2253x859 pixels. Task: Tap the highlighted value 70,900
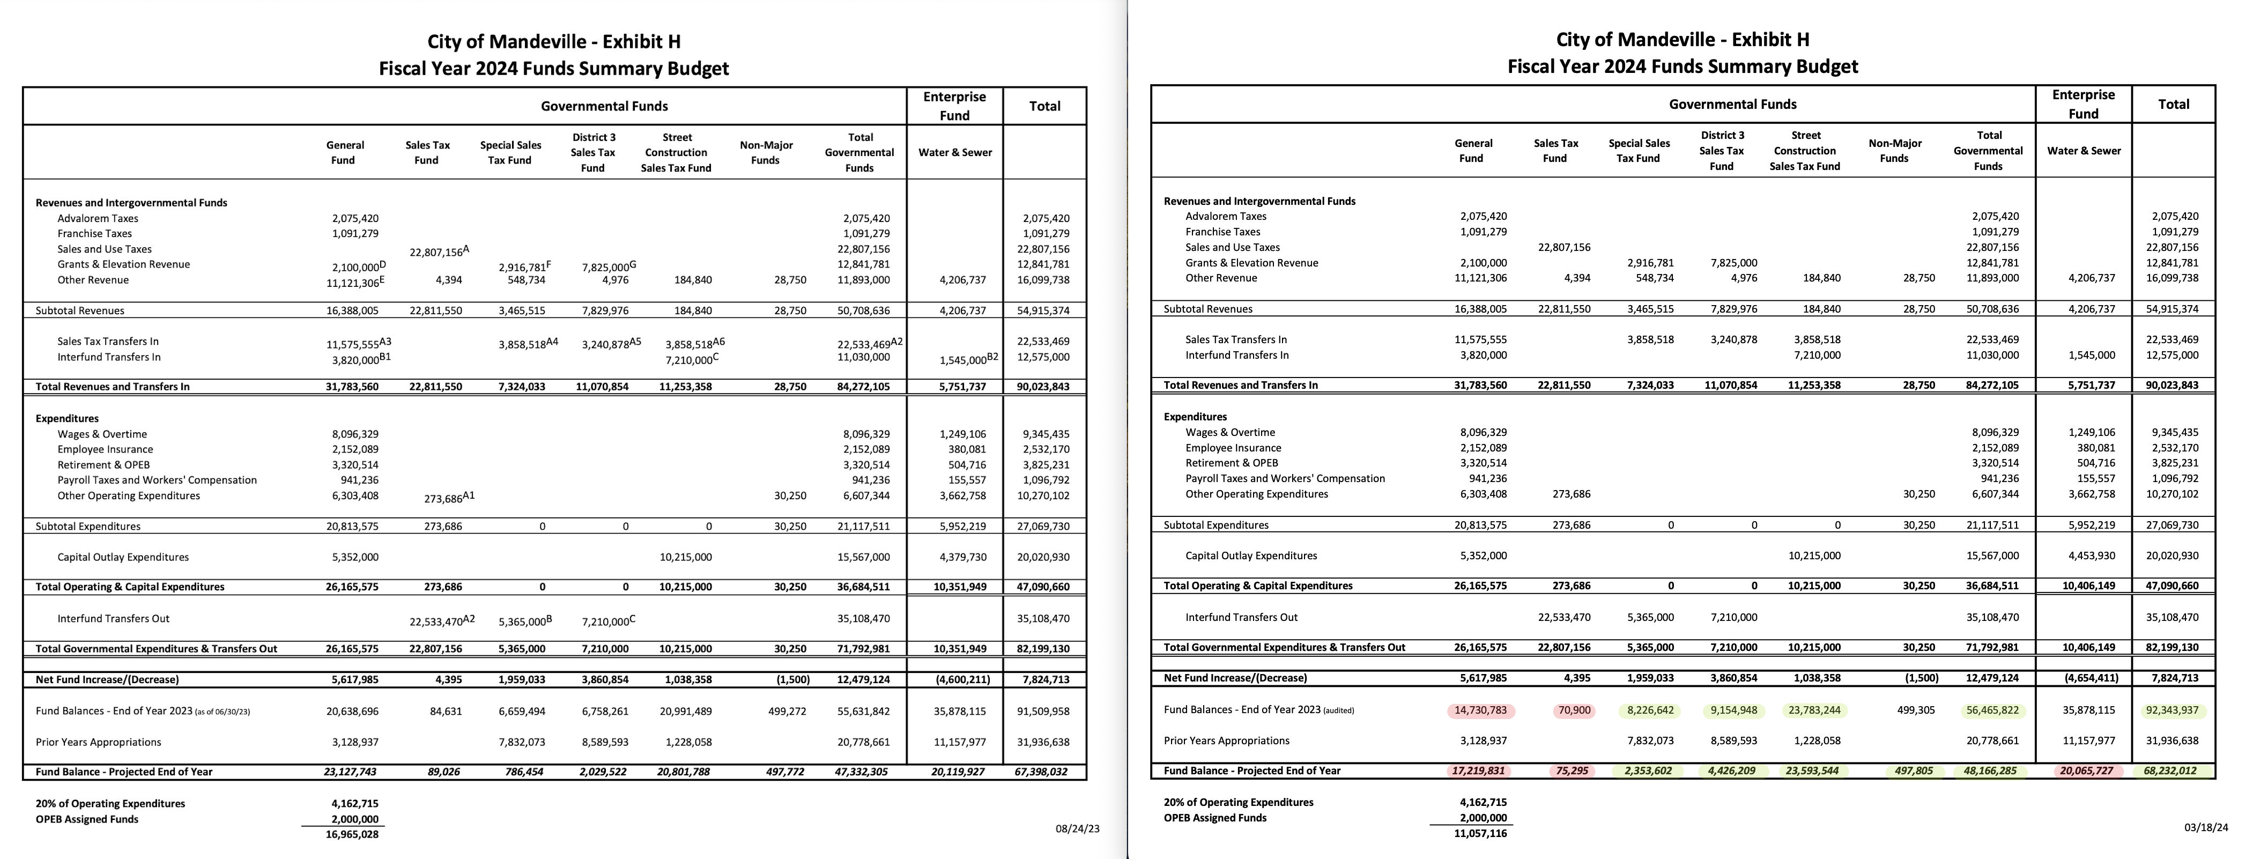[1574, 710]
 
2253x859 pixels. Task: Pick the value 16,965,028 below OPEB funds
[352, 834]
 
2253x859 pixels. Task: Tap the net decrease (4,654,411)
[2091, 678]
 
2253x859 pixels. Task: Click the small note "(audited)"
[1338, 710]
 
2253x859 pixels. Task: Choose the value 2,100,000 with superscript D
[354, 267]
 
